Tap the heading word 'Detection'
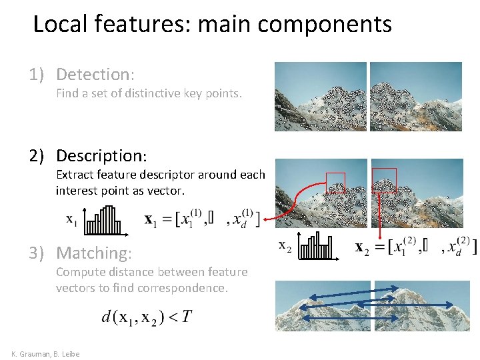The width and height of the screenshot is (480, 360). [94, 74]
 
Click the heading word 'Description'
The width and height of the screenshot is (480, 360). [100, 156]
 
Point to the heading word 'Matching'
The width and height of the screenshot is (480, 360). [93, 253]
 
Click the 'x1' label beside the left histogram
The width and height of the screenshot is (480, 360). [71, 219]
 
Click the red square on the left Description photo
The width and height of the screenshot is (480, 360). [335, 182]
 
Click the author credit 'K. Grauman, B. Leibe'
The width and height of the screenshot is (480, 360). [45, 353]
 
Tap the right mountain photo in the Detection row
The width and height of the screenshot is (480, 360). [416, 97]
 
